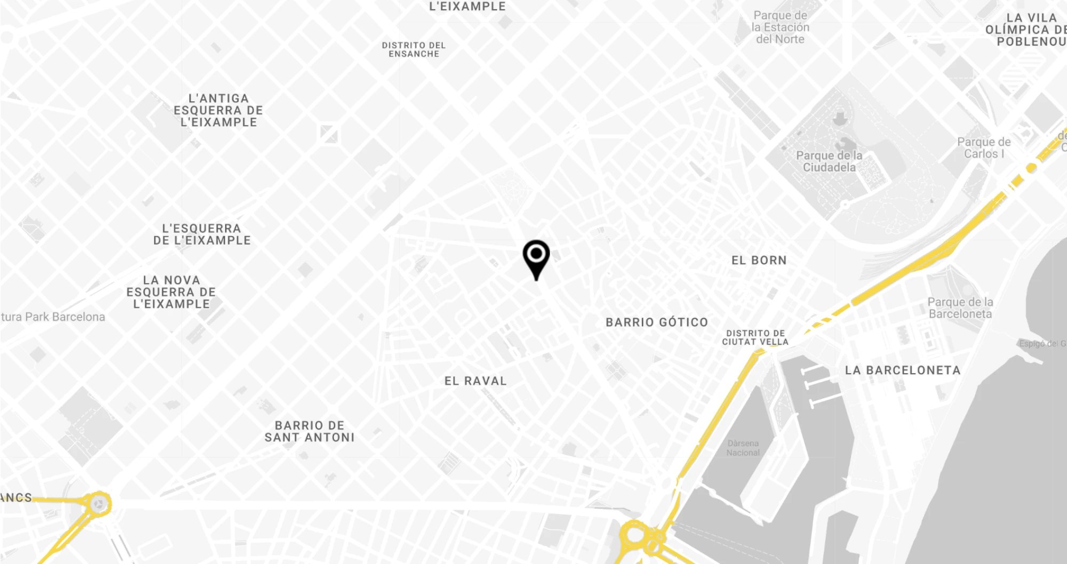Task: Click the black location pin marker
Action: (536, 256)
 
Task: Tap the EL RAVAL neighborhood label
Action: (475, 381)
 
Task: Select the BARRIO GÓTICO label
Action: (657, 322)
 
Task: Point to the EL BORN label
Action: (759, 260)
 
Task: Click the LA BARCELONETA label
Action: (903, 370)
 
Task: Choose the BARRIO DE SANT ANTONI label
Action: (309, 431)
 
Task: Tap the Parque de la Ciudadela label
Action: (829, 162)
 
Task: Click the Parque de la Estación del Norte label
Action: (780, 27)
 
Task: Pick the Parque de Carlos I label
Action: (984, 148)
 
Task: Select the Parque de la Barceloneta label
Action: (960, 308)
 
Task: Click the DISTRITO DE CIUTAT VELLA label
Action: (755, 337)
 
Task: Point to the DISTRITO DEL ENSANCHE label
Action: (413, 50)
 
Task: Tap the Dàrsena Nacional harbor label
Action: (743, 448)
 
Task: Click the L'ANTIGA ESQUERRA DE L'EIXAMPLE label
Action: (218, 110)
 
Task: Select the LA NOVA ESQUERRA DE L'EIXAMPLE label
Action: (171, 292)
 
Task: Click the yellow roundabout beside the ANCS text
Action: (99, 503)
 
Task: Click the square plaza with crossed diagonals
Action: (329, 134)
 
